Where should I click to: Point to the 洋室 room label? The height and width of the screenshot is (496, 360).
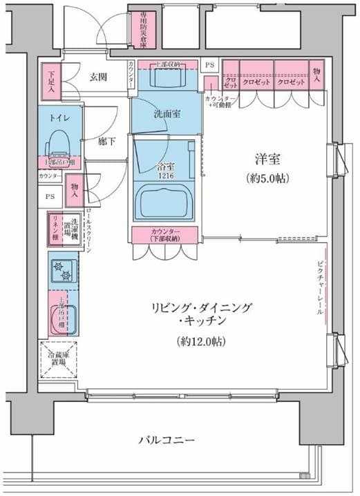pos(265,159)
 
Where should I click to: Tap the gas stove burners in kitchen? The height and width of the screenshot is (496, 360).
pos(64,270)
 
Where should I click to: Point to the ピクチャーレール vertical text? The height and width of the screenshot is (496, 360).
pos(320,287)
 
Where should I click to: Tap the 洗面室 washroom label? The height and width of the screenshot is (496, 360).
pos(167,113)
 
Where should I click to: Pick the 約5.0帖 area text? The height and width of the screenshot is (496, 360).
pos(265,178)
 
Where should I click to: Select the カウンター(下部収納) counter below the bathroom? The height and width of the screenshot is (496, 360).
pos(165,234)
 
